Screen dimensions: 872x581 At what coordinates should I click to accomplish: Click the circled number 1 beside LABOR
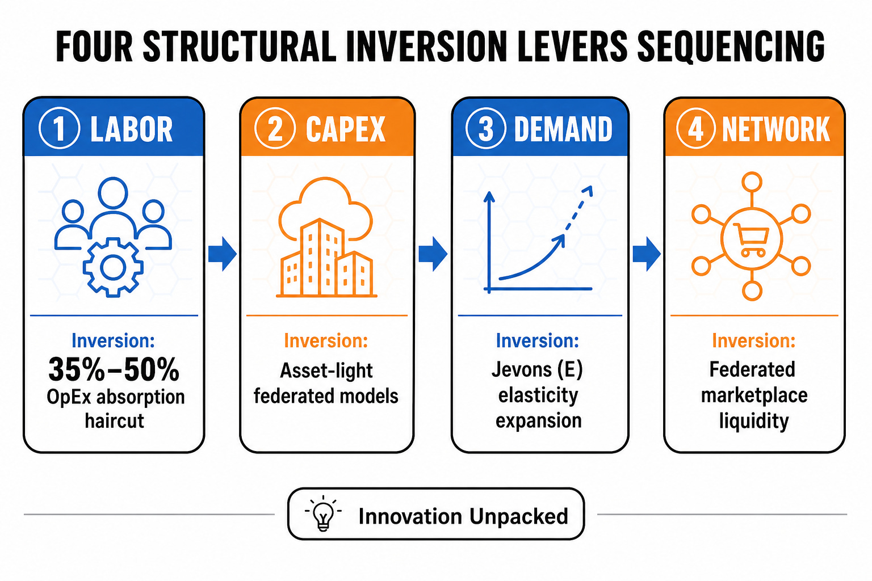[60, 128]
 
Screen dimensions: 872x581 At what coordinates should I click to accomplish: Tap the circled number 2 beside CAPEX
[275, 128]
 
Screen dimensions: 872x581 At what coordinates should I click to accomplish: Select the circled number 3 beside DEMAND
[486, 128]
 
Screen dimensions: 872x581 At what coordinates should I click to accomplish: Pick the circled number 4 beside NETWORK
[696, 128]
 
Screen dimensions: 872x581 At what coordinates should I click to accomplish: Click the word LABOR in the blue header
[132, 129]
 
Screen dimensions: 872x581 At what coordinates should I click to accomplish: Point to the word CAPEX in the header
[346, 129]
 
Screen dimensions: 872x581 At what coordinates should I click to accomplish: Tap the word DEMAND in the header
[563, 129]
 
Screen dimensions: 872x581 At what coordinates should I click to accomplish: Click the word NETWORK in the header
[776, 129]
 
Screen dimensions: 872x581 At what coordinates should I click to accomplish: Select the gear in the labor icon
[113, 267]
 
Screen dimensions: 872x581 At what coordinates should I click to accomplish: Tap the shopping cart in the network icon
[751, 239]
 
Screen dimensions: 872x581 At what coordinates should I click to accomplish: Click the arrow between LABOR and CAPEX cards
[223, 254]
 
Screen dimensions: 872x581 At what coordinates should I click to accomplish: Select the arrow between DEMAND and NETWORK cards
[647, 254]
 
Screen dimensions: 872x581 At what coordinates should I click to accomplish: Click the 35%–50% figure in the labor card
[114, 369]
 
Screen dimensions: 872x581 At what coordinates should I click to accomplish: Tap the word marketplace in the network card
[754, 395]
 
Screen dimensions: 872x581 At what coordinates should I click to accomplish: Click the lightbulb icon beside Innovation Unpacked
[323, 513]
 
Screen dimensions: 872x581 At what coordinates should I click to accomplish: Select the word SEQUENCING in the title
[731, 47]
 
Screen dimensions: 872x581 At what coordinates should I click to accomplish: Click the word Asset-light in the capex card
[326, 371]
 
